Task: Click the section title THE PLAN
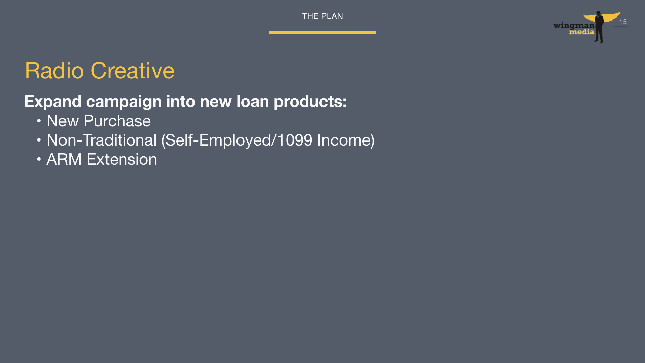point(322,16)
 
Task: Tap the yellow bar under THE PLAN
point(322,32)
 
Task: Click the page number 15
point(623,22)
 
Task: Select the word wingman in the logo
point(574,26)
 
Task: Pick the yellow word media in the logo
point(582,32)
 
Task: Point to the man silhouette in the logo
point(599,27)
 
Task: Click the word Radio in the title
point(54,71)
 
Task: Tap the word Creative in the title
point(133,71)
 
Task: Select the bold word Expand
point(53,102)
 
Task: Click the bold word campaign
point(124,102)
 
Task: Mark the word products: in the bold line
point(310,102)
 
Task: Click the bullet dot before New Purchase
point(39,121)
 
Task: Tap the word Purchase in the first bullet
point(117,121)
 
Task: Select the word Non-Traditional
point(101,140)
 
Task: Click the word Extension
point(122,159)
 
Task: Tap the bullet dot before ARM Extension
point(39,159)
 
